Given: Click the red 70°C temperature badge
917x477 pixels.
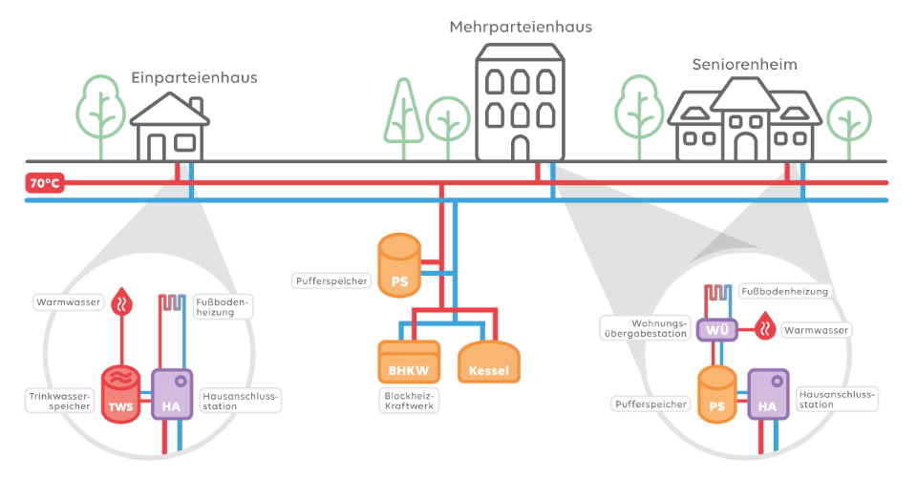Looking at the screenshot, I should [x=45, y=183].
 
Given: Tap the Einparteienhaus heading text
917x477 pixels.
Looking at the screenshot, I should [x=195, y=76].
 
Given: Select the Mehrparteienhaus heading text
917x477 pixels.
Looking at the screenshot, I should [x=521, y=28].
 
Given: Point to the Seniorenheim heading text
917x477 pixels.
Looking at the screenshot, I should [x=744, y=64].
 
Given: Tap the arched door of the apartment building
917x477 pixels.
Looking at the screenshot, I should [x=520, y=147].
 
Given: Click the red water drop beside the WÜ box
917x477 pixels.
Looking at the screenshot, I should [x=764, y=328].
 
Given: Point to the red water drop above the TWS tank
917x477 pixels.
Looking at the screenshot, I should [x=121, y=302].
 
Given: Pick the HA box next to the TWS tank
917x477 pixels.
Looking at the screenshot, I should [x=172, y=395].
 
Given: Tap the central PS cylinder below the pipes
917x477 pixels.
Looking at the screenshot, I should [x=399, y=265].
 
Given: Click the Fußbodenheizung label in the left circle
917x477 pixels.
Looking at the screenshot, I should [x=223, y=306].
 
